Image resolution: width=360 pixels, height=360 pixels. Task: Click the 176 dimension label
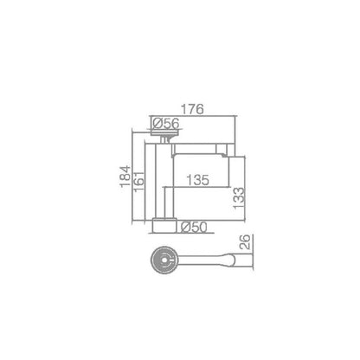pos(192,109)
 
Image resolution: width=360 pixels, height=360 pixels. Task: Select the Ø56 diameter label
pos(166,124)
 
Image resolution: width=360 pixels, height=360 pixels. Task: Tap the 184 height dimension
pos(125,177)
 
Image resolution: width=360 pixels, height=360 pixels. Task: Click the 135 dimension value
pos(197,180)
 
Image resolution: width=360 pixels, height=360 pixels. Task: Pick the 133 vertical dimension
pos(239,198)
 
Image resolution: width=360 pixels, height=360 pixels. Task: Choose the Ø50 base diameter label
pos(194,228)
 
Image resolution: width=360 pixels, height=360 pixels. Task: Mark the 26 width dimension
pos(245,241)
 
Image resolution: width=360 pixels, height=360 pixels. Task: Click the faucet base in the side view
pos(164,225)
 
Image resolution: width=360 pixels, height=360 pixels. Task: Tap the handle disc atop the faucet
pos(164,133)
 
